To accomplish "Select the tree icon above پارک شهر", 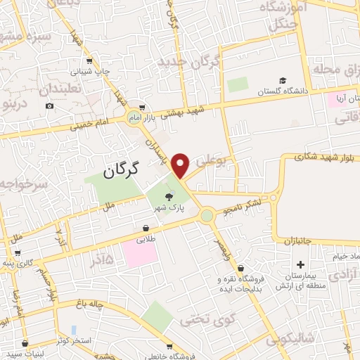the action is click(168, 197).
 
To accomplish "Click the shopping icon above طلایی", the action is click(146, 229).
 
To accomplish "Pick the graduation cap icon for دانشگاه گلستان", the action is click(282, 81).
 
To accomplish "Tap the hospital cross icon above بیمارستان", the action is click(301, 264).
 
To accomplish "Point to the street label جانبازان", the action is click(302, 240).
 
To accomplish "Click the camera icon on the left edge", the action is click(49, 106).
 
